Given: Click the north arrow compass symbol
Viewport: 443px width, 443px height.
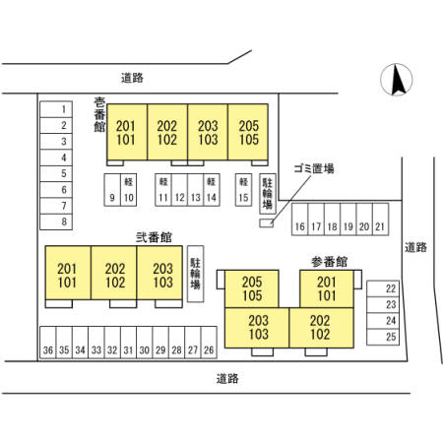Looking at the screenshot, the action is click(397, 80).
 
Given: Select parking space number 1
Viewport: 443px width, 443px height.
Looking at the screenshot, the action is click(56, 109).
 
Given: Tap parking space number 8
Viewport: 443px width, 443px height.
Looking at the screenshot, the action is click(56, 221).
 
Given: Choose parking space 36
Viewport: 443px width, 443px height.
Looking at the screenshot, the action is click(48, 343).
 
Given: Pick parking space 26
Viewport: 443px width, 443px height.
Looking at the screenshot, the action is click(209, 343).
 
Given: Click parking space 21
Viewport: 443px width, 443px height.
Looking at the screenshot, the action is click(381, 220).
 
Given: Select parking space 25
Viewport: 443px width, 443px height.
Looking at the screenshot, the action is click(383, 337).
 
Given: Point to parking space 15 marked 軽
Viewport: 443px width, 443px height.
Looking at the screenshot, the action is click(243, 190).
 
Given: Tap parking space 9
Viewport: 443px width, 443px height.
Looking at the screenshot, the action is click(112, 190).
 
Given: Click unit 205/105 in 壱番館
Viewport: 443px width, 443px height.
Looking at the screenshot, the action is click(248, 132).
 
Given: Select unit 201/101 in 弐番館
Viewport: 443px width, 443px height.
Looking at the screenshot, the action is click(68, 273).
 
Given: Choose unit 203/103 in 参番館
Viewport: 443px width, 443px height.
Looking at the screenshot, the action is click(257, 328).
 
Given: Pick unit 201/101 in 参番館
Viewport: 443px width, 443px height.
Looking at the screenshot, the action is click(327, 288).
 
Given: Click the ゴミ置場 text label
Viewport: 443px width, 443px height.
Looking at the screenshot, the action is click(314, 168).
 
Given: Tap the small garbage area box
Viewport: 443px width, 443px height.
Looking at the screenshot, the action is click(267, 223).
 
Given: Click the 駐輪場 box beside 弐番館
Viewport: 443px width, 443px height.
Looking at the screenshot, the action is click(196, 274).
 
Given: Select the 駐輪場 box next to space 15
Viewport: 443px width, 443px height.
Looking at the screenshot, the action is click(268, 194).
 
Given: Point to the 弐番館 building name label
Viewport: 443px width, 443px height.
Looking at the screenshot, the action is click(154, 237).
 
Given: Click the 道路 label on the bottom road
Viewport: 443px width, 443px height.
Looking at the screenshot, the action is click(227, 379).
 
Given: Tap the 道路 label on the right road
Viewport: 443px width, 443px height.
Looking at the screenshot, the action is click(415, 247).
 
